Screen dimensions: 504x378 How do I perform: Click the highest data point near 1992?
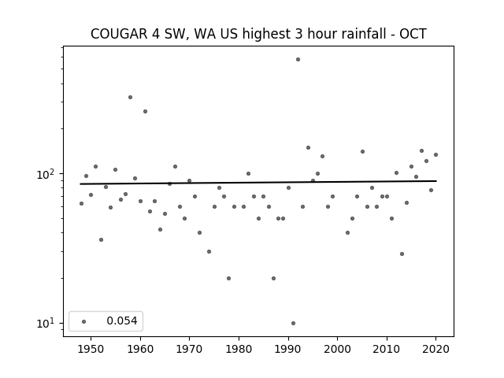tap(298, 60)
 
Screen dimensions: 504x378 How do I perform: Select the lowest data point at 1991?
tap(293, 324)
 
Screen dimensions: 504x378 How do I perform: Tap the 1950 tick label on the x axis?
tap(91, 350)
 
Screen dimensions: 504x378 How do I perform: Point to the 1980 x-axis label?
tap(239, 350)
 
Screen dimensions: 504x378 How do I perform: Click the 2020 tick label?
tap(435, 350)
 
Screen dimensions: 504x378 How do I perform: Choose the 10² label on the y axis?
tap(45, 175)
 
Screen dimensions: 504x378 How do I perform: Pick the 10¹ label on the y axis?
tap(45, 324)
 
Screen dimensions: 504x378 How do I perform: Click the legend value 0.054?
tap(122, 321)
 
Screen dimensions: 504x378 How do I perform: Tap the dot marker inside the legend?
tap(84, 321)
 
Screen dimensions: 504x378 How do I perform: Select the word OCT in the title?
tap(413, 34)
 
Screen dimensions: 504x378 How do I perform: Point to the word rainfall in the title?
tap(363, 34)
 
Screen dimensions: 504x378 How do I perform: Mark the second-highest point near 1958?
tap(130, 98)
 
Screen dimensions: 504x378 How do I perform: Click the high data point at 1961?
tap(145, 112)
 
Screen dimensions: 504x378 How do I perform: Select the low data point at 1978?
tap(228, 278)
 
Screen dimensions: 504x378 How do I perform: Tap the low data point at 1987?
tap(273, 278)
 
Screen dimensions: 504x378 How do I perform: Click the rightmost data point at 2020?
tap(435, 154)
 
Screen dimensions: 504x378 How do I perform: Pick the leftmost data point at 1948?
tap(81, 203)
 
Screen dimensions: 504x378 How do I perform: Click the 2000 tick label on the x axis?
tap(338, 350)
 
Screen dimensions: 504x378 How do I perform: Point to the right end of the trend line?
tap(436, 181)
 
